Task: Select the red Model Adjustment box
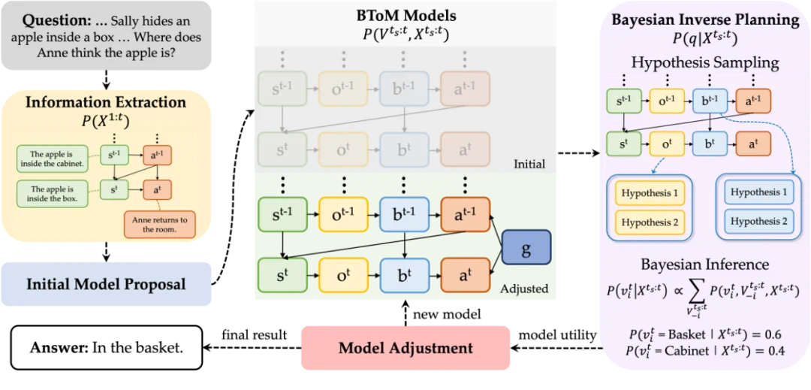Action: pos(405,347)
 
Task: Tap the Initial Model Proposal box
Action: pos(106,284)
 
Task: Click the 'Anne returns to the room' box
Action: pos(158,223)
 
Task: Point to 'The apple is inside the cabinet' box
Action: pos(56,159)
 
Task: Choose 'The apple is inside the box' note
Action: pos(56,194)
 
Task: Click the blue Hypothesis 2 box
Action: pos(758,221)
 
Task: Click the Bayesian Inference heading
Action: pos(704,265)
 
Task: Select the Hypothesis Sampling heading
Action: pos(704,62)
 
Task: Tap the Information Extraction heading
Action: pos(106,101)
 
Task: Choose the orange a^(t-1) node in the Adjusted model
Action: pos(465,214)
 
